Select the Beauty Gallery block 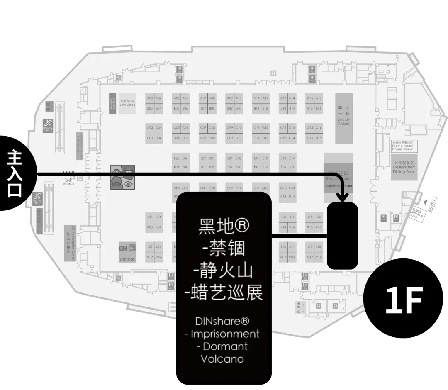tap(343, 118)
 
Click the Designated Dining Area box tap(404, 166)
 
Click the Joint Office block tap(127, 102)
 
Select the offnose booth tap(127, 252)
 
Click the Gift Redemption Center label tap(70, 244)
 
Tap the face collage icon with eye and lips tap(122, 178)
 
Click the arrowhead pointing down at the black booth tap(343, 198)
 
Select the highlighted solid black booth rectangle tap(342, 235)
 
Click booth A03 tap(150, 98)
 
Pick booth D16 tap(319, 138)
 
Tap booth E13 tap(283, 158)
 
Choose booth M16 tap(319, 257)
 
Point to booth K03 tap(150, 227)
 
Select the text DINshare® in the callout tap(222, 321)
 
